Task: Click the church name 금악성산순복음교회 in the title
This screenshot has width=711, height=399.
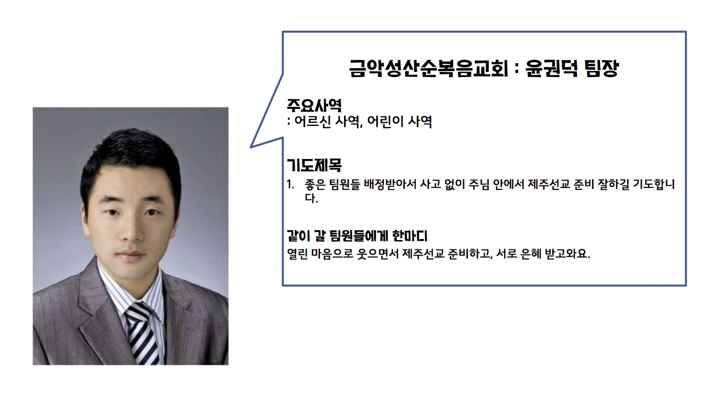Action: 428,69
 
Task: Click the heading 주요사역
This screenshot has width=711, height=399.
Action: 314,105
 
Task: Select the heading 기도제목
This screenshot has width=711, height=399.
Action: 314,165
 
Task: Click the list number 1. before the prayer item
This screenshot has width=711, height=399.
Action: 291,185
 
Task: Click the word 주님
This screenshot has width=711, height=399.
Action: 479,184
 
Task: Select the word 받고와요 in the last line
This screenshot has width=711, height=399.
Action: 567,254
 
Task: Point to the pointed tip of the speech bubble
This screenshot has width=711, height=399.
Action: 251,147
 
